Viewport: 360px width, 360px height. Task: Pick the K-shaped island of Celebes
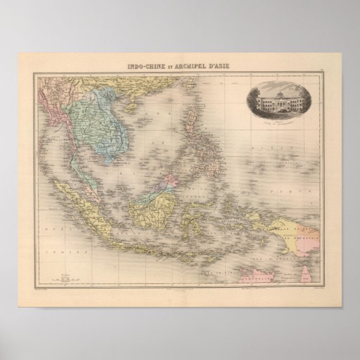click(196, 215)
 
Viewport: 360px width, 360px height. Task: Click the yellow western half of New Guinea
click(268, 218)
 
